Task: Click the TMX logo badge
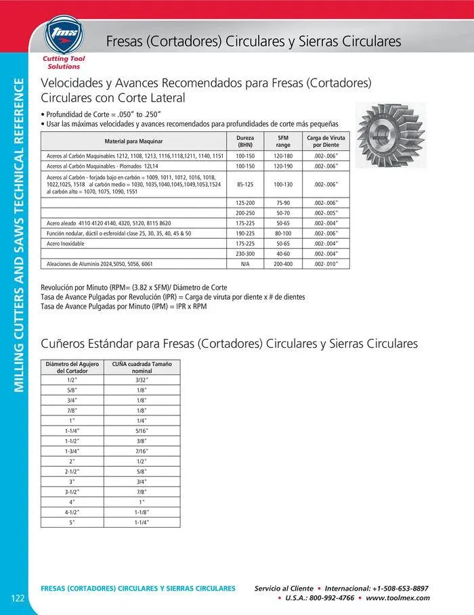[62, 35]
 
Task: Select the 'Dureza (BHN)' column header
[245, 141]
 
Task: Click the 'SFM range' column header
[283, 141]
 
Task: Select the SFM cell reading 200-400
[283, 264]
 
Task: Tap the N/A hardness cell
[245, 264]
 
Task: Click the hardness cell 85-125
[245, 184]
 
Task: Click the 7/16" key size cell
[141, 451]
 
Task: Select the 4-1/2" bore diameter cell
[71, 512]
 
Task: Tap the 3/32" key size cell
[141, 380]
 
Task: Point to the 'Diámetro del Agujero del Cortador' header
[71, 367]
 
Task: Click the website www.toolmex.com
[397, 598]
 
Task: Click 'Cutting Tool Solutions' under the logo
[62, 63]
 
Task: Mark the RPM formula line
[135, 288]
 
